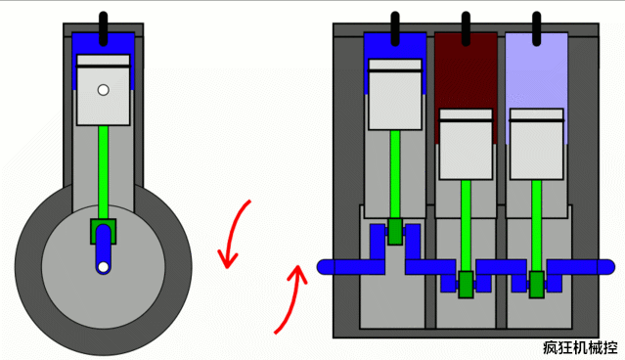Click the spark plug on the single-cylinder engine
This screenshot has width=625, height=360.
[x=104, y=28]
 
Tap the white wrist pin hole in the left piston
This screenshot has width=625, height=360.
[x=104, y=90]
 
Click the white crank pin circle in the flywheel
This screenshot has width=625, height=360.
[x=104, y=267]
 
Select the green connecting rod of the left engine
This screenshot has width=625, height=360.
[x=104, y=172]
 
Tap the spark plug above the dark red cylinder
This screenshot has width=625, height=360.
[x=466, y=28]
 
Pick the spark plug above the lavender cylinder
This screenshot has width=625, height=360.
[x=537, y=28]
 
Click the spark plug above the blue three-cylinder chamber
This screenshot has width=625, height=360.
[x=395, y=28]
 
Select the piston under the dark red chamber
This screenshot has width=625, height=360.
[x=466, y=144]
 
